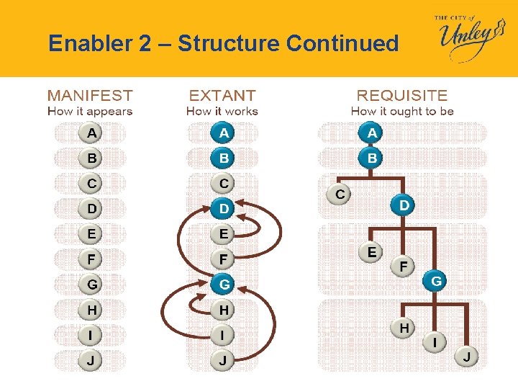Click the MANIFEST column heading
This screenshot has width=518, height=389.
coord(90,95)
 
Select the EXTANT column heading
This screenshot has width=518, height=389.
coord(222,95)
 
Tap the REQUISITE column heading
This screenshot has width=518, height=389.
coord(402,95)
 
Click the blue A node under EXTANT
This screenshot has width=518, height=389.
coord(224,133)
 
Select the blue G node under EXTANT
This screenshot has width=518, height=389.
coord(224,285)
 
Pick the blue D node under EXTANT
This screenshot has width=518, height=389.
coord(224,208)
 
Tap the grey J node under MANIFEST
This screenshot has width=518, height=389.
coord(91,360)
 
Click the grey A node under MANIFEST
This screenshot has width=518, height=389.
coord(91,133)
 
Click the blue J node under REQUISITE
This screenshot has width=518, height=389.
coord(467,357)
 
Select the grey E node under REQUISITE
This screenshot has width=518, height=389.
coord(371,251)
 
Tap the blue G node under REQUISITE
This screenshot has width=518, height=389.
coord(436,281)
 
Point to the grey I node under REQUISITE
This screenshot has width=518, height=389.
coord(436,341)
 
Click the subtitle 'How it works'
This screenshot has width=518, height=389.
coord(222,111)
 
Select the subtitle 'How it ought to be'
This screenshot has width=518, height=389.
coord(402,111)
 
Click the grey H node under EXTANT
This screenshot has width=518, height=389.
coord(224,310)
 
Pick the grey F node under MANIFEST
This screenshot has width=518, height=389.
coord(91,259)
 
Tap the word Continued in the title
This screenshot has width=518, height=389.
coord(342,44)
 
